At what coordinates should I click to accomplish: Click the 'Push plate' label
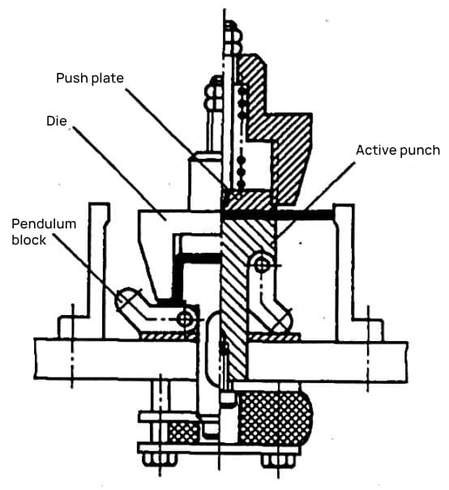(x=90, y=78)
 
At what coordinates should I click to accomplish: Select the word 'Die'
(x=57, y=121)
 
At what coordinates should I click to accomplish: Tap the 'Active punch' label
(x=398, y=151)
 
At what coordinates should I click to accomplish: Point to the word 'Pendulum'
(x=44, y=224)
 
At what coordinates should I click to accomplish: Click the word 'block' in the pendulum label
(x=28, y=240)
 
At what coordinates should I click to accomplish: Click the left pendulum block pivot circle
(x=185, y=319)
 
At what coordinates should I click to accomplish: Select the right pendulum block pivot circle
(x=262, y=266)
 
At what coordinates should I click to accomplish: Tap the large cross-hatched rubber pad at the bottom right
(x=275, y=417)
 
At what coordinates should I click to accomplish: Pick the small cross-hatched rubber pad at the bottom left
(x=183, y=432)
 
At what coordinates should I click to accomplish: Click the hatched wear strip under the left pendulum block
(x=169, y=336)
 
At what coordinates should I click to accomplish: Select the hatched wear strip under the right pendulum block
(x=274, y=337)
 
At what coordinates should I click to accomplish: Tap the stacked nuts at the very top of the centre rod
(x=233, y=37)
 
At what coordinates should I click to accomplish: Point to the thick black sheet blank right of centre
(x=278, y=215)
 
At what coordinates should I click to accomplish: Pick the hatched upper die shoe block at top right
(x=275, y=125)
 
